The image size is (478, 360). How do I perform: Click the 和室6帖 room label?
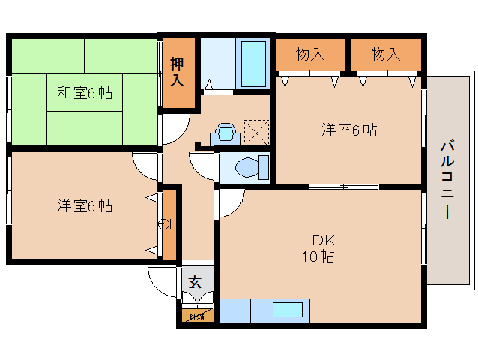coord(85,93)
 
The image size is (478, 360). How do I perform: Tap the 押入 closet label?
coord(178,72)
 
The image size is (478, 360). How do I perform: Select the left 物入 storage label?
coord(310,54)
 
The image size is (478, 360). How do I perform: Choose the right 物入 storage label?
coord(386,54)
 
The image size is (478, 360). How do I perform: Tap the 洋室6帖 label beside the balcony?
coord(349,130)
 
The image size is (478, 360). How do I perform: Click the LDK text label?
coord(318,241)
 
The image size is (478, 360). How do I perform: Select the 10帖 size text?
coord(318,256)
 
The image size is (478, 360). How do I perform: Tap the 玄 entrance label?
coord(195,283)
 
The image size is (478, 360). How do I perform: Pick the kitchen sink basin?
coord(288,310)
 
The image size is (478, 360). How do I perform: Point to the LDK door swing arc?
coord(230,204)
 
